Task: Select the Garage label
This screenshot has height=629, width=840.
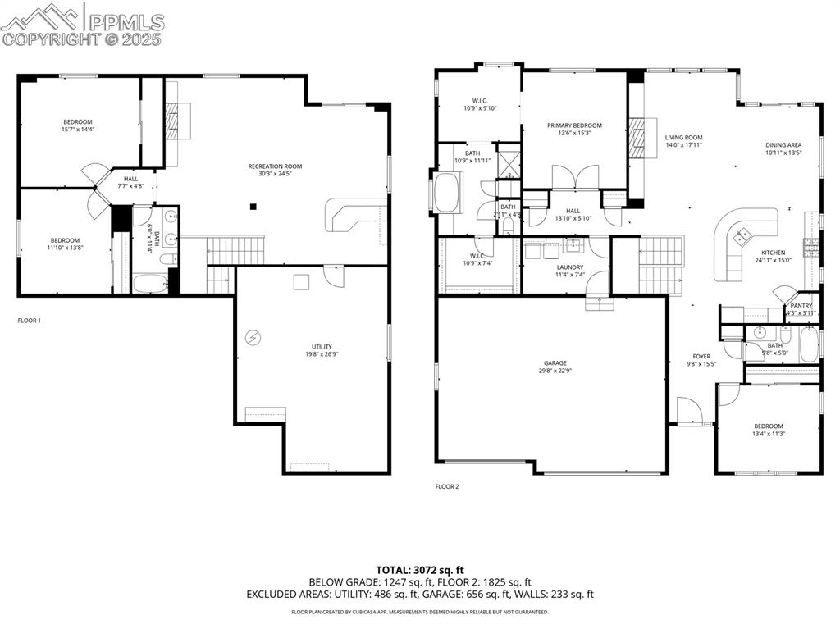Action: pos(555,362)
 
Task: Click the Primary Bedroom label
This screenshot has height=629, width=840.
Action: pos(574,125)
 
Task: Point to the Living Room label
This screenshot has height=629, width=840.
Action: pos(683,138)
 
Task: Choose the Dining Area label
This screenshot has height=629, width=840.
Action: pos(783,145)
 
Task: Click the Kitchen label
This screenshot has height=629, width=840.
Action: pos(773,253)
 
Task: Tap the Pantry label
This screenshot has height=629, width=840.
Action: pos(801,306)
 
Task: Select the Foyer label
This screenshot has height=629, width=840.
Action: pos(701,356)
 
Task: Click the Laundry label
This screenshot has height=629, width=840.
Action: pos(569,267)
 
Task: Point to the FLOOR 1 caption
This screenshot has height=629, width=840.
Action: pos(29,321)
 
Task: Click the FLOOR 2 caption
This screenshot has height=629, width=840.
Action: pos(446,486)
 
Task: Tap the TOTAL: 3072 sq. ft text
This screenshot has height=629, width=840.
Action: pos(420,569)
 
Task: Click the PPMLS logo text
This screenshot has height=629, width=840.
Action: pos(125,21)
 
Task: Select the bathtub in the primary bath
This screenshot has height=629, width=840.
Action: pos(448,194)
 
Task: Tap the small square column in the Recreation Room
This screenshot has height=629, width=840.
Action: pos(253,207)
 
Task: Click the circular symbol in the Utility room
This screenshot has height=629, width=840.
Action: pos(253,336)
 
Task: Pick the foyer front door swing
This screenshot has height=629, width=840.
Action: pos(687,409)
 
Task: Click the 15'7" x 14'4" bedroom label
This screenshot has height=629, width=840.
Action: pos(77,125)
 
